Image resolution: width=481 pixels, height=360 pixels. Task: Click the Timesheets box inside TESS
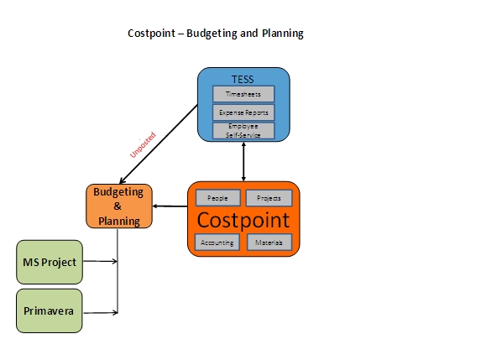tap(243, 94)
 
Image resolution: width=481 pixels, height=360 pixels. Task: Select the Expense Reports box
tap(243, 112)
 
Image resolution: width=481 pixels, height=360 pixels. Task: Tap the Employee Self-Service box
tap(243, 131)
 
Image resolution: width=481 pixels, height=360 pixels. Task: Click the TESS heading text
tap(243, 80)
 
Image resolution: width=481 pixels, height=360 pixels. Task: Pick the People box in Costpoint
tap(217, 198)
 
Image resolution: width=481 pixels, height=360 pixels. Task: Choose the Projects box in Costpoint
tap(269, 198)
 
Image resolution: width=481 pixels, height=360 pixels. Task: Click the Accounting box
tap(217, 243)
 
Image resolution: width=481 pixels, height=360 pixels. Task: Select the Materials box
tap(269, 243)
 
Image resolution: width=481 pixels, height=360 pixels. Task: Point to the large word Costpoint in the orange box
tap(243, 220)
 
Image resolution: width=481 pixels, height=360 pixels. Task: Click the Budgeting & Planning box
tap(119, 206)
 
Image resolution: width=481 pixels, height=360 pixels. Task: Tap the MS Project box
tap(50, 262)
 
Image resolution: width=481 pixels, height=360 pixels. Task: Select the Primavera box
tap(49, 310)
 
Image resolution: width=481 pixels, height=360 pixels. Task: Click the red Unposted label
tap(143, 145)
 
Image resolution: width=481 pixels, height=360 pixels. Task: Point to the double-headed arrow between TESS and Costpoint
tap(243, 162)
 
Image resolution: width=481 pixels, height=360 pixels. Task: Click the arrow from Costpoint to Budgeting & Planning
tap(170, 206)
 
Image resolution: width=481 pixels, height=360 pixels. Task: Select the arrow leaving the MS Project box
tap(100, 261)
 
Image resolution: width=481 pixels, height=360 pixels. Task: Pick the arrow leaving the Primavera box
tap(101, 313)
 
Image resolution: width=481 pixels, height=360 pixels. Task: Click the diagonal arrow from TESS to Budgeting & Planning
tap(159, 144)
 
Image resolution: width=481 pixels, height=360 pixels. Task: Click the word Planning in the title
tap(283, 34)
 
